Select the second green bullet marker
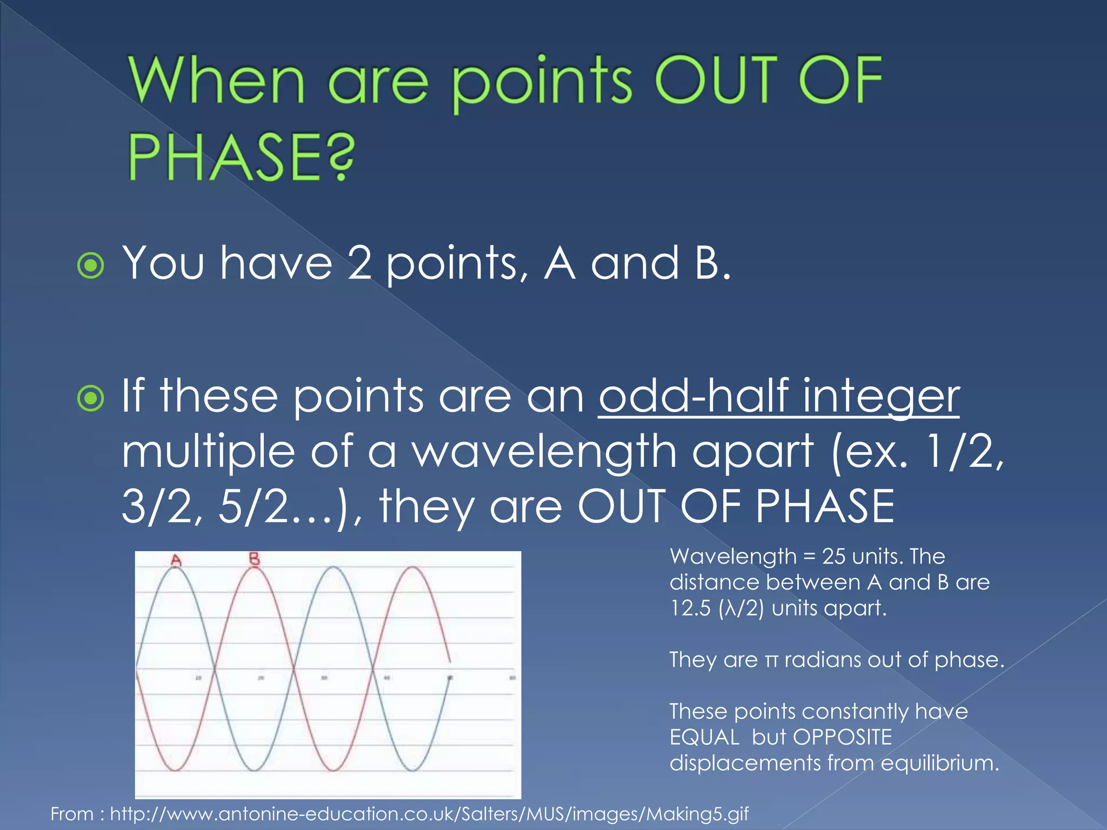click(90, 399)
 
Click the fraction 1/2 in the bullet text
click(963, 452)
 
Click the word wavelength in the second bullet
click(545, 452)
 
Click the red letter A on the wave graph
click(176, 560)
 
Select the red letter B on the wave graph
click(255, 559)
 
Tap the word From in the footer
click(72, 813)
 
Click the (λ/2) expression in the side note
click(741, 608)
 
